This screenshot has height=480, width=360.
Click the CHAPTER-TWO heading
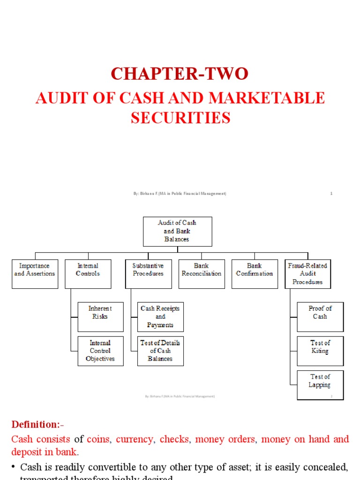tap(180, 74)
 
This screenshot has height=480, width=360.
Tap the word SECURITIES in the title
tap(180, 118)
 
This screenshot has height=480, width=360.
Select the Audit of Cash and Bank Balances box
tap(177, 231)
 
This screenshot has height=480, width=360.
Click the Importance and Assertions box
tap(35, 273)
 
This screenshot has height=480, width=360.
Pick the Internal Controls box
tap(88, 273)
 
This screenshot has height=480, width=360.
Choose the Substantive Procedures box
tap(148, 273)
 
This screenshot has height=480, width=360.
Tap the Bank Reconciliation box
tap(201, 273)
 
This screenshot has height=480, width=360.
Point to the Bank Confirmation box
tap(254, 273)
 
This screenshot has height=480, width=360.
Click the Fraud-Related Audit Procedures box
tap(307, 274)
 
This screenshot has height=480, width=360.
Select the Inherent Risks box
tap(100, 316)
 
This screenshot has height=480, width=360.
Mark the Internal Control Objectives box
tap(100, 351)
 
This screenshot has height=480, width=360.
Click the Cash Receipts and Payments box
tap(160, 316)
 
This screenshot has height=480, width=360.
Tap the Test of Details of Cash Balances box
tap(160, 351)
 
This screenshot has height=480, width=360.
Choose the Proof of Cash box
tap(320, 316)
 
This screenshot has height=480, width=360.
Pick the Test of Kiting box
tap(320, 351)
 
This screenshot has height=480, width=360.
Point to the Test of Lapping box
tap(320, 384)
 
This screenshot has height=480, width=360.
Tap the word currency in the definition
tap(134, 440)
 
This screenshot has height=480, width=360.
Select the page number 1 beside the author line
tap(331, 194)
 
